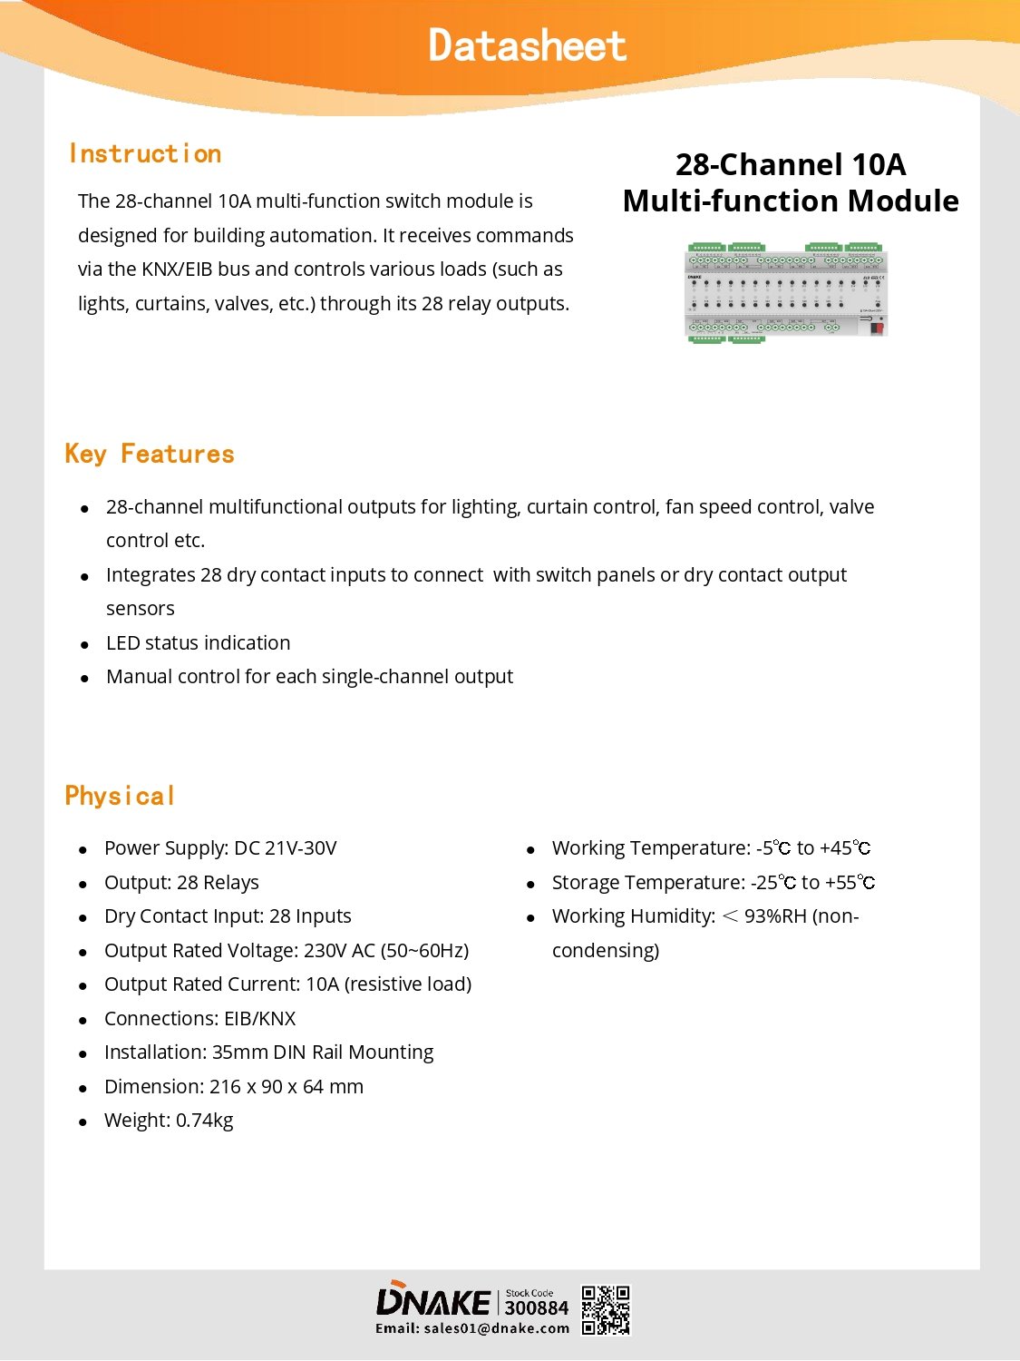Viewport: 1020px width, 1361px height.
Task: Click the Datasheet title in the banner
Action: point(527,45)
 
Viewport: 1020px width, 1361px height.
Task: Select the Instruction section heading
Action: point(145,153)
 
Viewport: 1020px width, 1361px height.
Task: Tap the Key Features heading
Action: point(150,454)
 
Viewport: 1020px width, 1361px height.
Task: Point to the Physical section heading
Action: point(120,796)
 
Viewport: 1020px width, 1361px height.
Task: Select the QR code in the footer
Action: point(605,1310)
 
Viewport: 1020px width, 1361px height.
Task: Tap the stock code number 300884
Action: point(536,1307)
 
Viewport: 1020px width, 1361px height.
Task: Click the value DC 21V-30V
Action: point(286,848)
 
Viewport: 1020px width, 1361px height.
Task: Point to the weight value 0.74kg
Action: point(205,1121)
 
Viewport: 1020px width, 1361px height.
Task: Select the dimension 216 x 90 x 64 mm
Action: point(287,1087)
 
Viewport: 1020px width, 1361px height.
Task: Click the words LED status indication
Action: point(198,643)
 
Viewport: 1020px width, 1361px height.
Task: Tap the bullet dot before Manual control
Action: point(84,678)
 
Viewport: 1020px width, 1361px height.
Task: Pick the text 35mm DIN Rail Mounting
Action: point(323,1053)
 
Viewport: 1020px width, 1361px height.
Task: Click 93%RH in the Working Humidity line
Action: point(775,916)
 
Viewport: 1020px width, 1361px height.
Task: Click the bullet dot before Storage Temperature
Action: point(531,884)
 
